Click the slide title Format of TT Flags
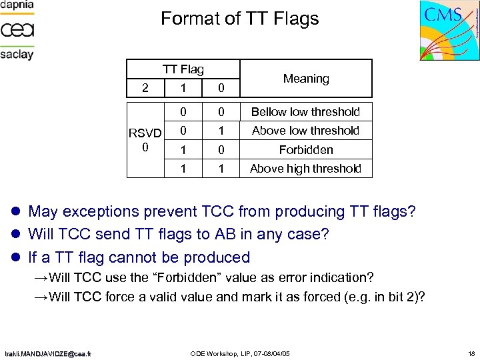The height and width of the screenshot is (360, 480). (240, 19)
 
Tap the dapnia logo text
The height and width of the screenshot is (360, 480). (17, 7)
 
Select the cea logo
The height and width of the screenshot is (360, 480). (17, 30)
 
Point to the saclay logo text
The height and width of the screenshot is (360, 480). (17, 55)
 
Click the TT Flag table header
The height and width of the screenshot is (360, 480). (184, 69)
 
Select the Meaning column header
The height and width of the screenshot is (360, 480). (306, 79)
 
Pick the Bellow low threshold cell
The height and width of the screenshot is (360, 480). (305, 112)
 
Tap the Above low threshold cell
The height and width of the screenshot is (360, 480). (305, 131)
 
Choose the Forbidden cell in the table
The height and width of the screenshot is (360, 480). (305, 150)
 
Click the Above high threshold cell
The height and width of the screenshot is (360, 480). (305, 169)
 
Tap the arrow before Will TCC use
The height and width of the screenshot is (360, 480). (42, 277)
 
